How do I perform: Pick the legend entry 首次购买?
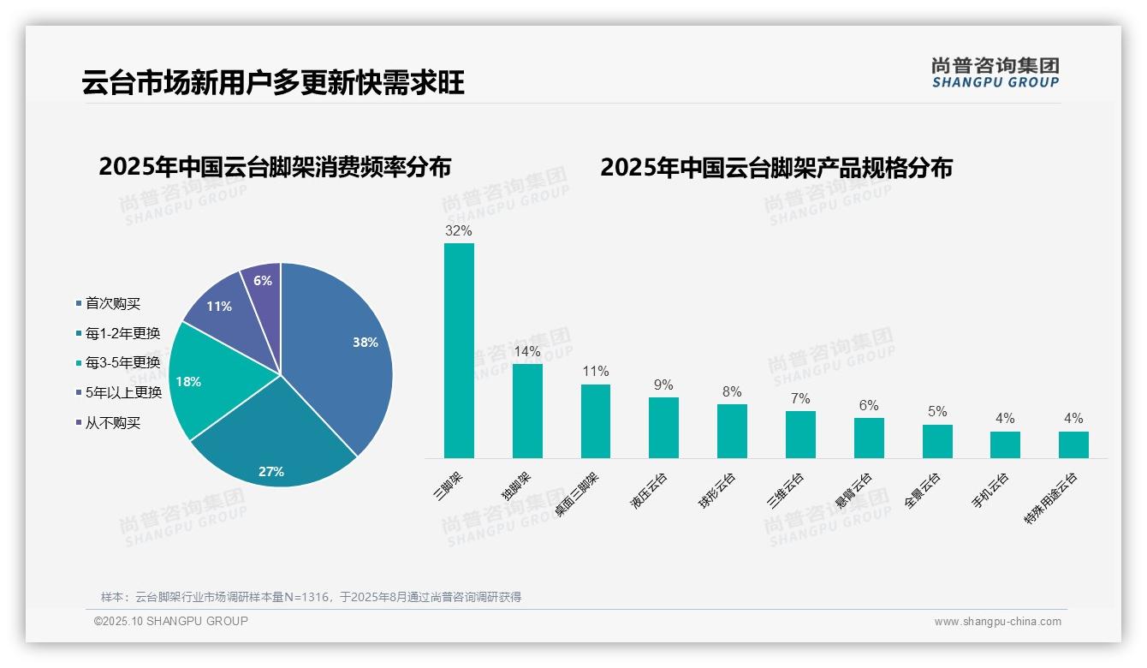[112, 303]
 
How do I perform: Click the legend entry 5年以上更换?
[123, 392]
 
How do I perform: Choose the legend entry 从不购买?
[112, 422]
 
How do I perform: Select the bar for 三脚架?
[459, 351]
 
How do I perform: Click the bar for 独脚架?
[527, 411]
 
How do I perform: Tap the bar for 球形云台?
[732, 431]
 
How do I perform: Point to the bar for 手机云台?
[1005, 444]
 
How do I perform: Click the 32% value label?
[459, 230]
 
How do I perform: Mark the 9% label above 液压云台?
[663, 385]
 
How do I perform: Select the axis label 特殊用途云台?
[1051, 499]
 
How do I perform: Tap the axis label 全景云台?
[923, 491]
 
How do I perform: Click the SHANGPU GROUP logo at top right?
[995, 73]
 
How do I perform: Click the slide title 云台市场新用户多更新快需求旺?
[273, 84]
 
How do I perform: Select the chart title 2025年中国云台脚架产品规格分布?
[776, 167]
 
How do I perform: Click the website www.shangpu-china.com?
[997, 622]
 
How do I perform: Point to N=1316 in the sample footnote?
[302, 597]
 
